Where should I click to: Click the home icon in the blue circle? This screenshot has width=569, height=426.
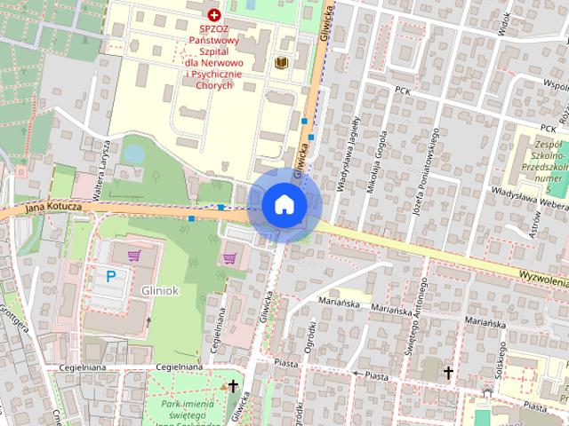[x=284, y=204]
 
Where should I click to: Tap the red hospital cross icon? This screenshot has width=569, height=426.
[x=213, y=15]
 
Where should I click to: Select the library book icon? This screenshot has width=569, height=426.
[x=281, y=63]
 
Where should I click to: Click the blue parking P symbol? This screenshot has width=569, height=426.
[x=111, y=276]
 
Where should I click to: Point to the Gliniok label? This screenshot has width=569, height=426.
[x=160, y=290]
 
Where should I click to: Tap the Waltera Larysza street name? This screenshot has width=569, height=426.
[x=100, y=162]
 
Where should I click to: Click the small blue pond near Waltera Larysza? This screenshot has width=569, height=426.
[x=133, y=154]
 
